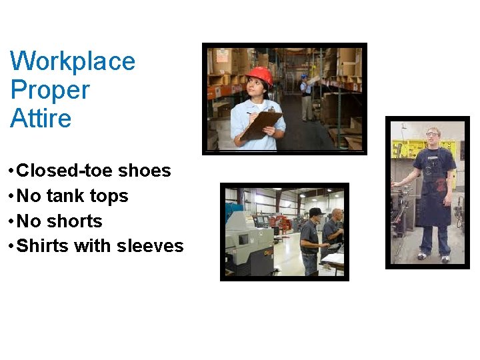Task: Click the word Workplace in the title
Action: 73,61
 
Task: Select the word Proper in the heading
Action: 50,90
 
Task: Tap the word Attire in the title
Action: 41,119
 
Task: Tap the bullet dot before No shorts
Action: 11,221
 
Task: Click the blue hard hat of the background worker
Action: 305,77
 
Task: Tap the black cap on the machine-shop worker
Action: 316,212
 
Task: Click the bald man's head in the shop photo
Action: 337,214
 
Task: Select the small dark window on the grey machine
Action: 244,239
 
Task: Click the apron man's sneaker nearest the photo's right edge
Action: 445,257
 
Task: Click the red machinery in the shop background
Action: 281,219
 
